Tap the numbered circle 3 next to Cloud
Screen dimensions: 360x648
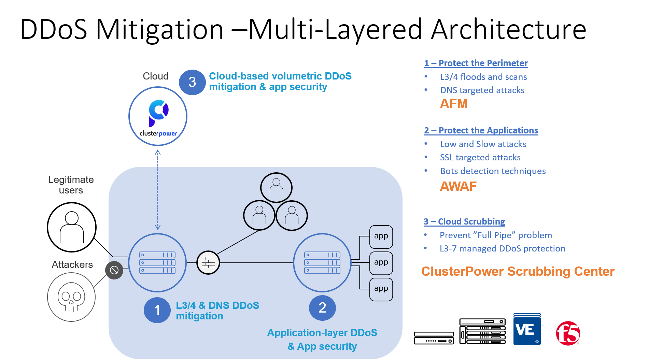192,82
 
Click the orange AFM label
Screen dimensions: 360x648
453,104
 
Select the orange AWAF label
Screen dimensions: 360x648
458,186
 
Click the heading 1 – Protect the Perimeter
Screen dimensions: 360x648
476,63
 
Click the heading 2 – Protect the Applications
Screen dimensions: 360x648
481,130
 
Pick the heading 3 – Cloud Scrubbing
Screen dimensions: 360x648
464,221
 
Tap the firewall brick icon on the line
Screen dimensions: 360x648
208,263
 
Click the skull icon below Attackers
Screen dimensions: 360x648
71,297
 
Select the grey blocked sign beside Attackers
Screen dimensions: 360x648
114,270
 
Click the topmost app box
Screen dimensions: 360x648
381,236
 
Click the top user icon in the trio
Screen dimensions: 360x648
276,188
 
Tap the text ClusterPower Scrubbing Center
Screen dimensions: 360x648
518,271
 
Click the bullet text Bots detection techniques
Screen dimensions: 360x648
493,171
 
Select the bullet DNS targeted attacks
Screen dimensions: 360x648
482,90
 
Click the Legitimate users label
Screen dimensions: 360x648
71,185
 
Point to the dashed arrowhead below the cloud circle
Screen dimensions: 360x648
158,153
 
